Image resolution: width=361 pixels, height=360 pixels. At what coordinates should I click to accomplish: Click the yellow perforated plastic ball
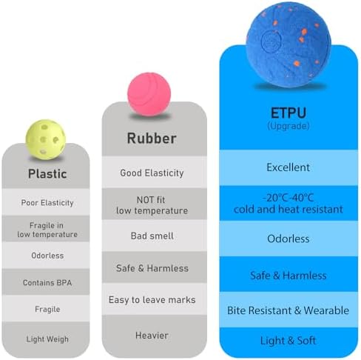click(x=46, y=139)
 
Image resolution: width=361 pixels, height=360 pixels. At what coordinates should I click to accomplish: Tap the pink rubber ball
click(x=149, y=94)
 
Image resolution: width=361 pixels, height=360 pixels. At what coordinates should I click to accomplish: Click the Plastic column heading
click(x=47, y=173)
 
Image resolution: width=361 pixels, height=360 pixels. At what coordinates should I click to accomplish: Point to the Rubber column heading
click(x=152, y=138)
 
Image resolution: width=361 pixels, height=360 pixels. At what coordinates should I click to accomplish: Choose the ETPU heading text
click(x=289, y=113)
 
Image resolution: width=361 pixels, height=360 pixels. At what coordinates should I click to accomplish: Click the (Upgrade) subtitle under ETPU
click(x=289, y=126)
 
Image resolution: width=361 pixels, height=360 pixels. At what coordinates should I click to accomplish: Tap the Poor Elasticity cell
click(x=47, y=203)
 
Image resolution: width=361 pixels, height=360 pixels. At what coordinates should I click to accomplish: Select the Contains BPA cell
click(x=47, y=282)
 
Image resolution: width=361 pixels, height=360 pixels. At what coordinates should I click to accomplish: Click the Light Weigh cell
click(x=47, y=339)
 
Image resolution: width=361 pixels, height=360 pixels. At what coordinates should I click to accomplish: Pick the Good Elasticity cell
click(x=152, y=173)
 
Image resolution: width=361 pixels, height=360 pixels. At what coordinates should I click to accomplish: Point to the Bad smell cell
click(x=152, y=236)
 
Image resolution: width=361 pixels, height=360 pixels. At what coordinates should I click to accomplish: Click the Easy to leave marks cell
click(x=152, y=300)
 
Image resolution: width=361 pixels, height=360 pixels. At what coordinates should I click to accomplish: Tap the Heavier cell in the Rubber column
click(x=152, y=336)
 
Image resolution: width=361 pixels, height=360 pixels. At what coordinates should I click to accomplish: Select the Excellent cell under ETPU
click(x=289, y=167)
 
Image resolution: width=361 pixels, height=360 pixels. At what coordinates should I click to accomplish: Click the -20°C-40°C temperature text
click(x=289, y=198)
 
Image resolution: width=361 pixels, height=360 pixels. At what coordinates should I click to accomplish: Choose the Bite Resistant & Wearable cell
click(x=289, y=310)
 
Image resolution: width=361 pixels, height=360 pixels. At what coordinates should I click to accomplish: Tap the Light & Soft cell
click(x=289, y=341)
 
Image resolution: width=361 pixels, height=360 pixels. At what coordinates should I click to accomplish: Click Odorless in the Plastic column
click(x=47, y=256)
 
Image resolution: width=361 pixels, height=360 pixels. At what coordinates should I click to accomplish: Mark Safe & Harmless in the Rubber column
click(x=152, y=268)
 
